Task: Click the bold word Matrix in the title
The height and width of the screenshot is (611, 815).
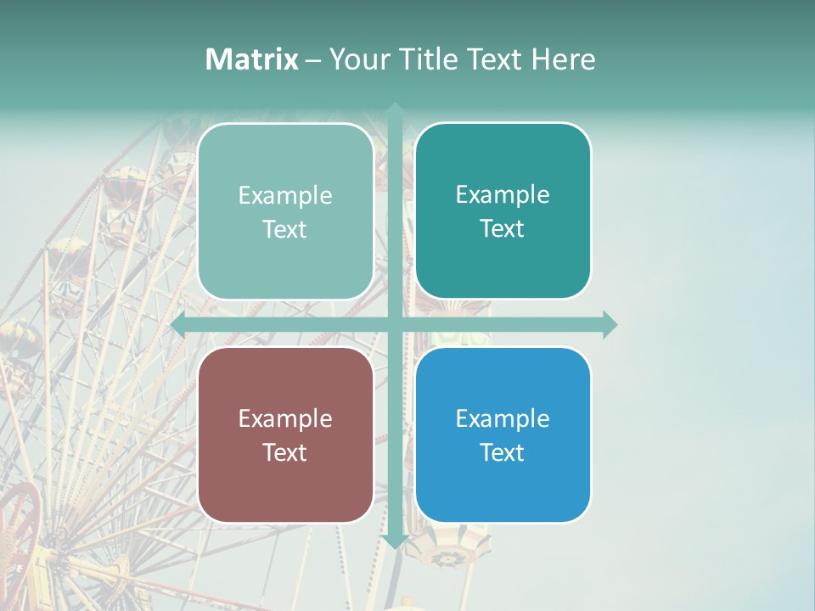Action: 252,59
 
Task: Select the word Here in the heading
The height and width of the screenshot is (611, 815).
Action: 564,59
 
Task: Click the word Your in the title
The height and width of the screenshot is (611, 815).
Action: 357,59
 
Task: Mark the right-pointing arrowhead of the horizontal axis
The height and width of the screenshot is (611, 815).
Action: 609,324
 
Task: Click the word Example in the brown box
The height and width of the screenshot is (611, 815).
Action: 284,418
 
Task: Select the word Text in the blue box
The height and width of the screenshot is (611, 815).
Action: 502,452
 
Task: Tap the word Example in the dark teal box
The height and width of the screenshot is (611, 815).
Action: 502,194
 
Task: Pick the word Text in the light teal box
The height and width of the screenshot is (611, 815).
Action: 284,229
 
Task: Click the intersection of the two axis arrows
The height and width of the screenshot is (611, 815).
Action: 395,324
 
